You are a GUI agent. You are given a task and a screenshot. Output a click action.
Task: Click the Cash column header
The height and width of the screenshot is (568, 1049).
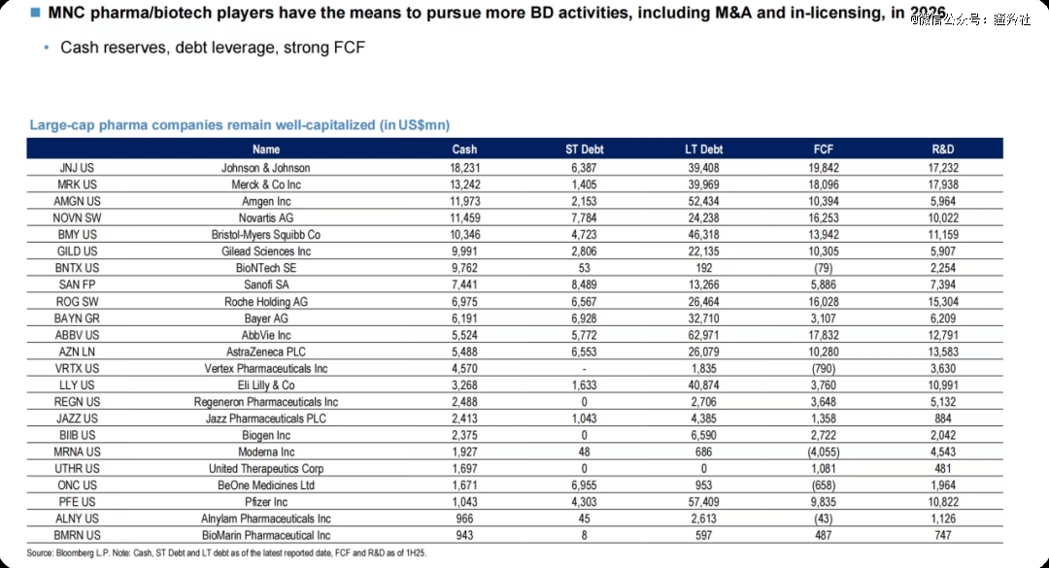pos(464,150)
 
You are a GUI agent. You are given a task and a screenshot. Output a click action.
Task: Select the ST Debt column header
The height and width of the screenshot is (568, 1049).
pos(584,150)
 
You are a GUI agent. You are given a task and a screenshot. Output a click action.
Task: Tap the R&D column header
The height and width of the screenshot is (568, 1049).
pos(942,150)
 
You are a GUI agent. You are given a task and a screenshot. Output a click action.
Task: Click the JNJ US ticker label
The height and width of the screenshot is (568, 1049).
pos(77,168)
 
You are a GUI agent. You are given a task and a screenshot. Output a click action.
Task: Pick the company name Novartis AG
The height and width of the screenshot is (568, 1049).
pos(265,217)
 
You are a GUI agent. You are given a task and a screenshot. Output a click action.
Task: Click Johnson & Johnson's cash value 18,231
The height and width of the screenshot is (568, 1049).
pos(464,168)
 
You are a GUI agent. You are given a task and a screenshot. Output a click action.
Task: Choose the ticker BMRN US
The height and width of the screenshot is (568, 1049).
pos(77,535)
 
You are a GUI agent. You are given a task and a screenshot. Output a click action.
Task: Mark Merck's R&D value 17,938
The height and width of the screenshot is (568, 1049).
pos(942,184)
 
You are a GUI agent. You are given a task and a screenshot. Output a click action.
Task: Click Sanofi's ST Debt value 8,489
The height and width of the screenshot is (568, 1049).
pos(584,284)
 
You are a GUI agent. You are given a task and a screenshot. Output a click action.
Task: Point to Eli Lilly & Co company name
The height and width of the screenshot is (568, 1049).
pos(265,385)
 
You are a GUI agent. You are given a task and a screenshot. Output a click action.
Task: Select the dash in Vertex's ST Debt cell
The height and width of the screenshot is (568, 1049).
pos(584,369)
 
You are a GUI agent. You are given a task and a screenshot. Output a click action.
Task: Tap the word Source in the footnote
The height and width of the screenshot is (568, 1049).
pos(40,552)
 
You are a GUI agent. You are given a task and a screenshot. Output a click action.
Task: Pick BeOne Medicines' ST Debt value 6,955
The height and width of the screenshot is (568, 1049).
pos(584,485)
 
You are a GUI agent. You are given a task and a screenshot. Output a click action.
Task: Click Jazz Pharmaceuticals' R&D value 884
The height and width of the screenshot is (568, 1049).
pos(942,418)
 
